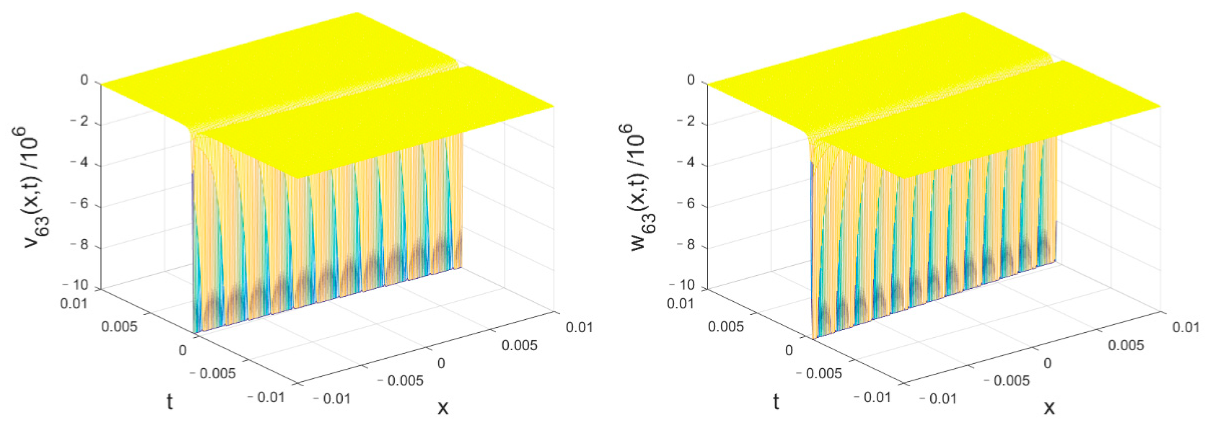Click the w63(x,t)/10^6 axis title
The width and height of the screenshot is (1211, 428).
pos(639,188)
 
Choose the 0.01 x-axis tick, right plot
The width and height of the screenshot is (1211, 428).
pos(1185,327)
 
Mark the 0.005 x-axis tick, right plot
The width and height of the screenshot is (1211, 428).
pos(1126,345)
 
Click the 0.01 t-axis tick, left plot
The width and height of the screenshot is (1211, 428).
pos(74,304)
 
